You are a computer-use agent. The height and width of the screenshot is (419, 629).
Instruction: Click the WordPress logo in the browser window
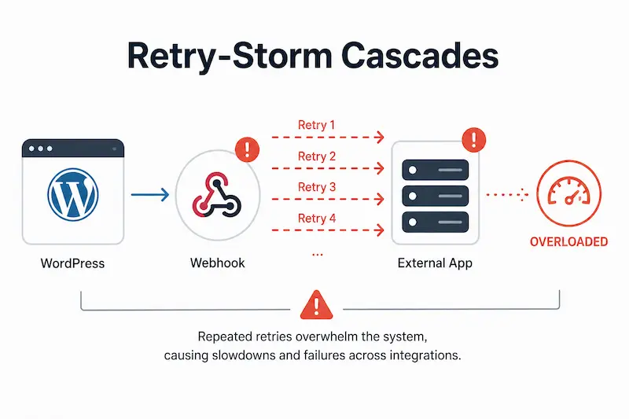click(72, 194)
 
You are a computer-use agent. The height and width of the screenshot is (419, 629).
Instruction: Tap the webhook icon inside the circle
click(217, 195)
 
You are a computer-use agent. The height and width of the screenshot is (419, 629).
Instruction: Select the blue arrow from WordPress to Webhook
click(150, 195)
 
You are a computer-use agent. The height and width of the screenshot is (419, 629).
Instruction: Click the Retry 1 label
click(316, 125)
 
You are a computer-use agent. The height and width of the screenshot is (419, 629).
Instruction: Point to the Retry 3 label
click(317, 187)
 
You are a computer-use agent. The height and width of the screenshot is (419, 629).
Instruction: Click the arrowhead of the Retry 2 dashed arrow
click(379, 168)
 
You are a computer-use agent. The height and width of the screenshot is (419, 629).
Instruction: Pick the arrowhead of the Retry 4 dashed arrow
click(379, 230)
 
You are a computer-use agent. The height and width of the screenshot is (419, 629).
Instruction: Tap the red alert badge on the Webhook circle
click(247, 149)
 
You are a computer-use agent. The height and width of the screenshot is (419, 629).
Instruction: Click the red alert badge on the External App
click(474, 140)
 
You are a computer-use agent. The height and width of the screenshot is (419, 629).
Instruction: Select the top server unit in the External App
click(436, 170)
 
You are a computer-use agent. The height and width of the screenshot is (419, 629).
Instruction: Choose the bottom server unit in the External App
click(436, 222)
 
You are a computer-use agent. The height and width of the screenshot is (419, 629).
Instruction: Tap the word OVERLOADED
click(568, 242)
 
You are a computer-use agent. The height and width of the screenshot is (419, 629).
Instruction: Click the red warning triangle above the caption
click(317, 306)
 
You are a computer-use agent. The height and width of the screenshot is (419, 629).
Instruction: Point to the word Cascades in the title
click(420, 55)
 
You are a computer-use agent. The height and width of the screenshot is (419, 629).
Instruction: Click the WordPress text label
click(72, 263)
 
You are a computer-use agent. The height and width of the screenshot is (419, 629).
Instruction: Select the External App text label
click(435, 263)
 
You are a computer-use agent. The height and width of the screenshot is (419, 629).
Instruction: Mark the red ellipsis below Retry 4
click(318, 255)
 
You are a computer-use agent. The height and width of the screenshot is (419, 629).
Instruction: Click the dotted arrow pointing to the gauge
click(507, 195)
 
